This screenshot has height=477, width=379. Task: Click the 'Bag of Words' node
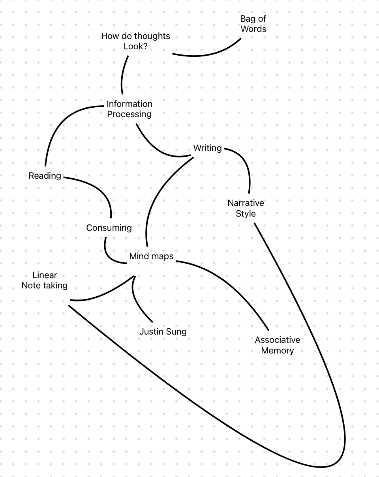click(x=253, y=24)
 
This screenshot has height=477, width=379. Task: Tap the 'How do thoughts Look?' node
click(x=135, y=41)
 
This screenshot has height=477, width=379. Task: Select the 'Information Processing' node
click(x=129, y=109)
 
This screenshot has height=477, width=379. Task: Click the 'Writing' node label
click(x=207, y=148)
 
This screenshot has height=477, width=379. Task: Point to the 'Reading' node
click(x=45, y=176)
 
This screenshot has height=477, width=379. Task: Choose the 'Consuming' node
click(x=109, y=228)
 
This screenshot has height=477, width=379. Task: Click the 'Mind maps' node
click(x=151, y=256)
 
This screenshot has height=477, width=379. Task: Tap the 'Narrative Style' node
click(x=246, y=208)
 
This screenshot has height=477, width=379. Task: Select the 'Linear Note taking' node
click(x=45, y=280)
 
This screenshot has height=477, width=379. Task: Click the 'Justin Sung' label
click(x=163, y=331)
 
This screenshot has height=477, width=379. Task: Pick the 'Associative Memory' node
click(x=278, y=345)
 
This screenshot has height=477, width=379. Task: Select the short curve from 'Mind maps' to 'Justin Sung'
click(x=136, y=301)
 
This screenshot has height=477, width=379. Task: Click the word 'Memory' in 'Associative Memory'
click(x=278, y=350)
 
